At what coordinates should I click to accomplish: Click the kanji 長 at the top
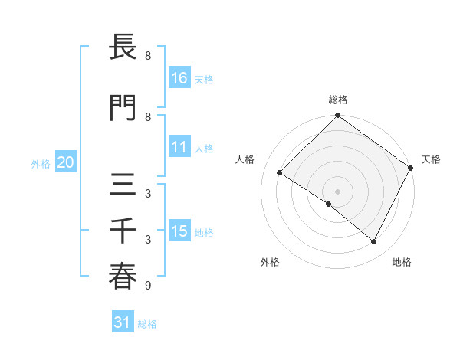point(123,47)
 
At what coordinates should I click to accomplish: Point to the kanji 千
point(123,231)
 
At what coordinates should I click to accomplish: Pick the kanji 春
point(123,277)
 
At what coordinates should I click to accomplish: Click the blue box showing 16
point(179,77)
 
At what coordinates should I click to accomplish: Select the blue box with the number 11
point(179,147)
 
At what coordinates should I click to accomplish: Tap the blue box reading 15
point(179,231)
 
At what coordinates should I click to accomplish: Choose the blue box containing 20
point(65,162)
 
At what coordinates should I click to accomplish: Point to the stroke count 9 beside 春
point(147,286)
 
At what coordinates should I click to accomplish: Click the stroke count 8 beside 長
point(147,56)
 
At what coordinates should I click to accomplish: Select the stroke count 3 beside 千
point(147,240)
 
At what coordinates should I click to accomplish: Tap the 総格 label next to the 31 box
point(147,324)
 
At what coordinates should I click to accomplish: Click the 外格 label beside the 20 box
point(41,163)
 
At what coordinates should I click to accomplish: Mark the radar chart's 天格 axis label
point(431,159)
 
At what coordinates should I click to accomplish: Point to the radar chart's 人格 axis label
point(245,159)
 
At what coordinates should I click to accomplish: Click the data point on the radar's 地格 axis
point(374,242)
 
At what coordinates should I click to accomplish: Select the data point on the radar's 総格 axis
point(337,116)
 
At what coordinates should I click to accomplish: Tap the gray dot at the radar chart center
point(337,191)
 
